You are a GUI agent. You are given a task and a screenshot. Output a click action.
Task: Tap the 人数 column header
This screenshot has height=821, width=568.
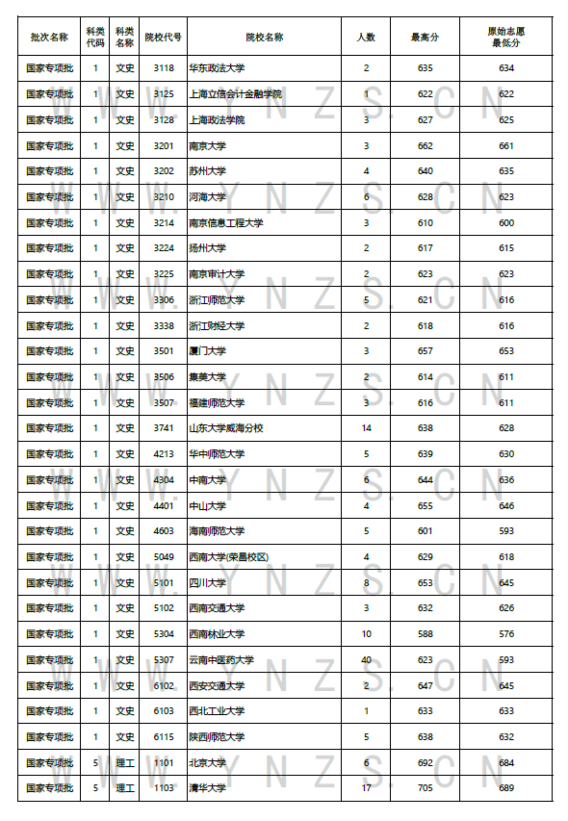(366, 38)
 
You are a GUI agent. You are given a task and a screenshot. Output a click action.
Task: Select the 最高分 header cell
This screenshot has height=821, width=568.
(425, 38)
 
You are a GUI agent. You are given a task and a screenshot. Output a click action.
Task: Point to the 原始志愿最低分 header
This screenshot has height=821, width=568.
(505, 38)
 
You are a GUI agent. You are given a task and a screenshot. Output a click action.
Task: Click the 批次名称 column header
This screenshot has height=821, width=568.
(49, 38)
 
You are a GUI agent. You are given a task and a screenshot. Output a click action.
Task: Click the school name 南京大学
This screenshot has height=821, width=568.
(207, 145)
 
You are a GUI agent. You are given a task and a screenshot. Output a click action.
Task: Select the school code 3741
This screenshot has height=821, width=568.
(163, 428)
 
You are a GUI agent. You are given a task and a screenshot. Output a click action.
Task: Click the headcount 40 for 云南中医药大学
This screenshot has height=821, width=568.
(366, 660)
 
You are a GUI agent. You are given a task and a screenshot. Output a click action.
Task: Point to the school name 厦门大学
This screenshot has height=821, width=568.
(207, 351)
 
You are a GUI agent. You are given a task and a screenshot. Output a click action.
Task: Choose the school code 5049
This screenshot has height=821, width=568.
(163, 557)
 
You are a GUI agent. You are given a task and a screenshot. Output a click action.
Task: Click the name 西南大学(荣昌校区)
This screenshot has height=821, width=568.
(228, 557)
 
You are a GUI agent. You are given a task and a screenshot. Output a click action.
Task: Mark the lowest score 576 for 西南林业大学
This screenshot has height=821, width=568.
(505, 634)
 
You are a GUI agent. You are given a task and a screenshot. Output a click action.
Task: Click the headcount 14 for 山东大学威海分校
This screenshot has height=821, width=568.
(366, 428)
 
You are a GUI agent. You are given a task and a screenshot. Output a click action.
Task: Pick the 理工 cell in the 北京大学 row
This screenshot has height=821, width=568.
(125, 762)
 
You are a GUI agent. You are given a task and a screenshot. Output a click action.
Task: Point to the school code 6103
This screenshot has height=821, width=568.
(163, 711)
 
